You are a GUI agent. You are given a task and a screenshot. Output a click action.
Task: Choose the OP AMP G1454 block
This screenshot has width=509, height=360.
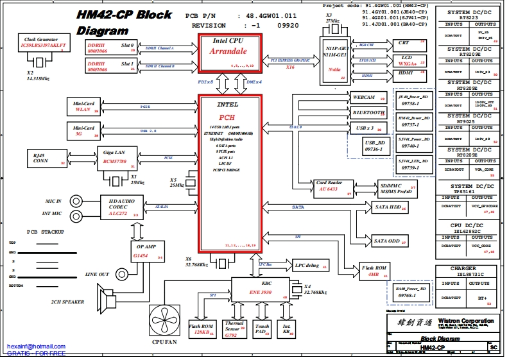[x=148, y=251]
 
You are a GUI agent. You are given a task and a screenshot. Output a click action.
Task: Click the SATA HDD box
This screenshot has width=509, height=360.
[x=388, y=207]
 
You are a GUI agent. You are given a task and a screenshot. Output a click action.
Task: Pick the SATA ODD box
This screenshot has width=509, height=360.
[x=388, y=241]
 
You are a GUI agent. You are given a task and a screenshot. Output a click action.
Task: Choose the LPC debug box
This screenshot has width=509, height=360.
[x=309, y=265]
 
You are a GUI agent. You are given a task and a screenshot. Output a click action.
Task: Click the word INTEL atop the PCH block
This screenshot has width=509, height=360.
[x=227, y=104]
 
